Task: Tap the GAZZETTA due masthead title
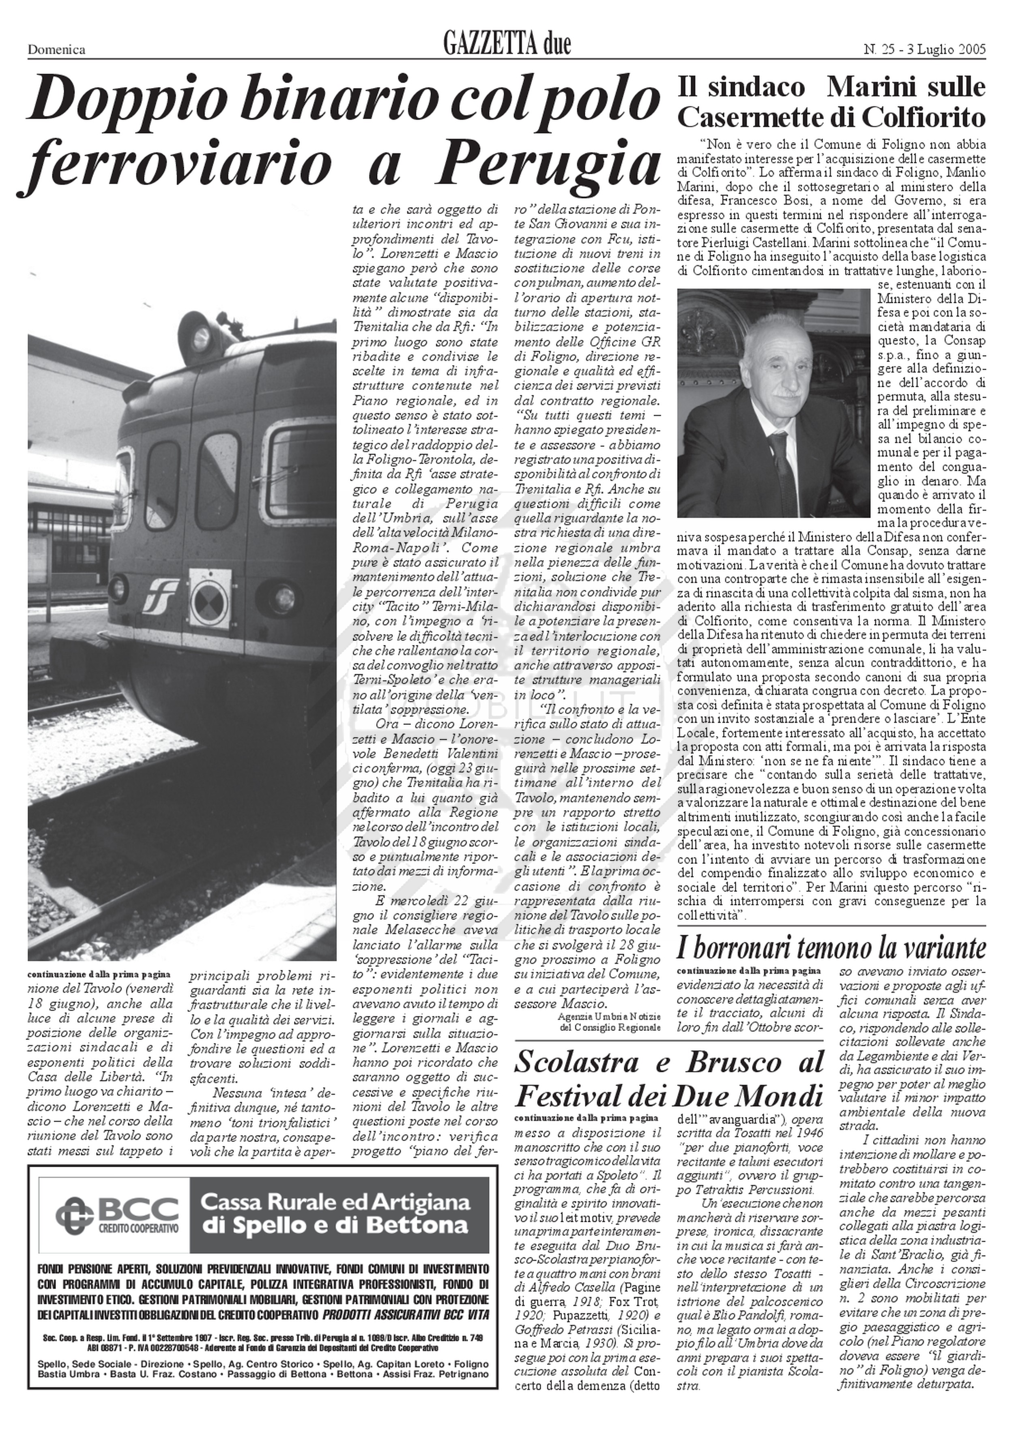click(507, 44)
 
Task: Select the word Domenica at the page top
click(56, 50)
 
